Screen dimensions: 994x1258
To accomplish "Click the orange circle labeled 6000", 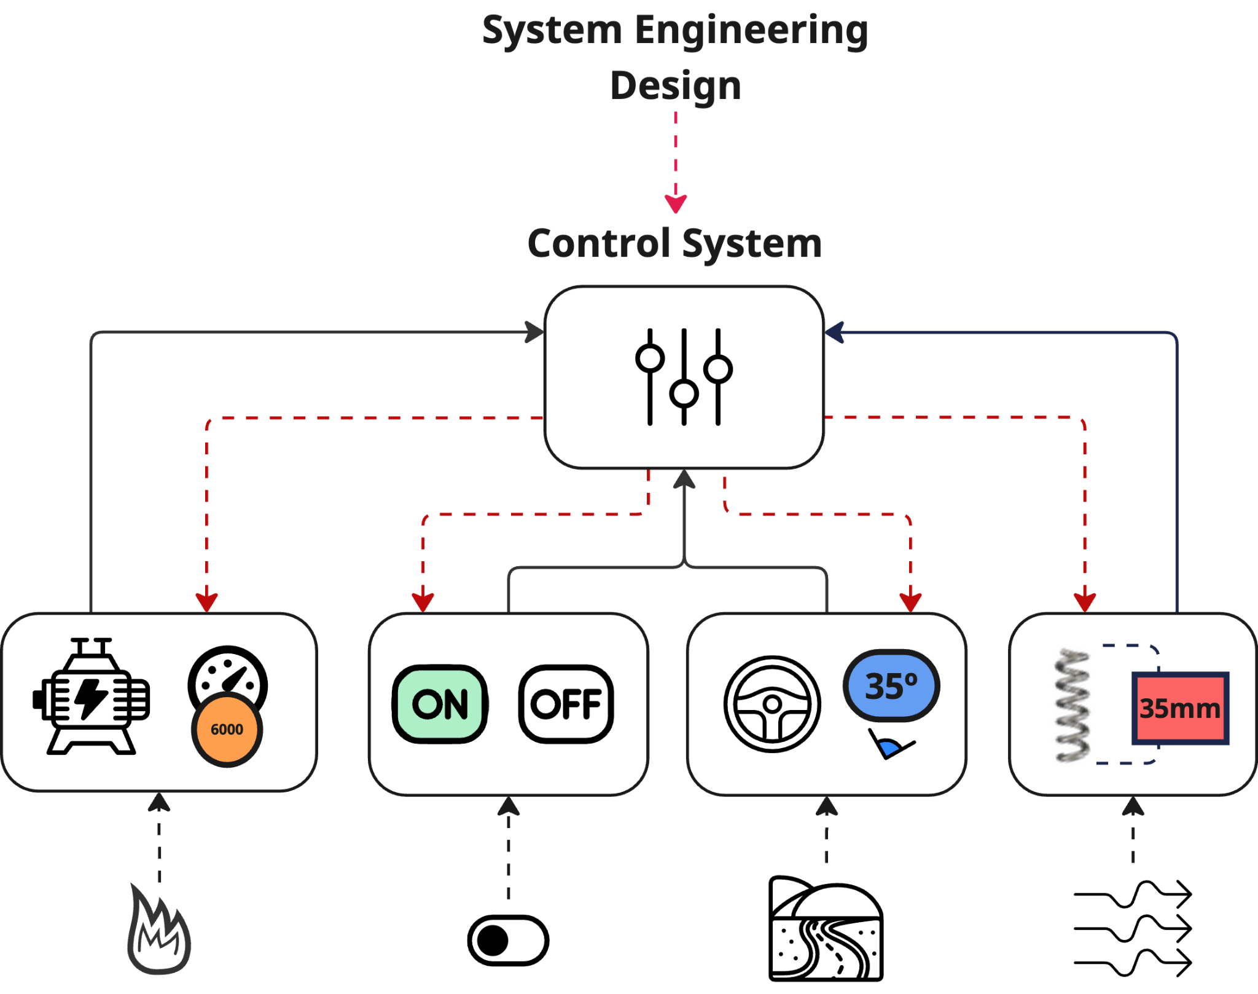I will pos(227,729).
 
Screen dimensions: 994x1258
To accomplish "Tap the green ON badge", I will pos(440,704).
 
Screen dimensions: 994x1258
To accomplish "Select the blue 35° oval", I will pos(891,685).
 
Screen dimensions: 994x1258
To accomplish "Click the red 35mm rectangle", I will pos(1180,709).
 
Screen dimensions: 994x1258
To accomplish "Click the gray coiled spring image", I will pos(1073,705).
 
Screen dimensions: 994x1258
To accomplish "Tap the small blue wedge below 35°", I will pos(888,748).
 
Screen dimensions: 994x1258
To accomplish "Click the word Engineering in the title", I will pos(751,31).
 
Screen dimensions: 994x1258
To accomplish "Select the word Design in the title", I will pos(676,85).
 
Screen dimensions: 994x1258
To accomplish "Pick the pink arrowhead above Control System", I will pos(676,203).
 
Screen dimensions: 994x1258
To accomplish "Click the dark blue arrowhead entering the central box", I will pos(834,333).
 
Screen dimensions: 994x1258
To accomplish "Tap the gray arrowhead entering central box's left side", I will pos(534,333).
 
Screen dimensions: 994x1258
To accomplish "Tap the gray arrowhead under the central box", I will pos(684,479).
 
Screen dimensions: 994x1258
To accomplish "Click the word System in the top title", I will pos(552,31).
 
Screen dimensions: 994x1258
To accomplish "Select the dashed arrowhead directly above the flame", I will pos(159,802).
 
